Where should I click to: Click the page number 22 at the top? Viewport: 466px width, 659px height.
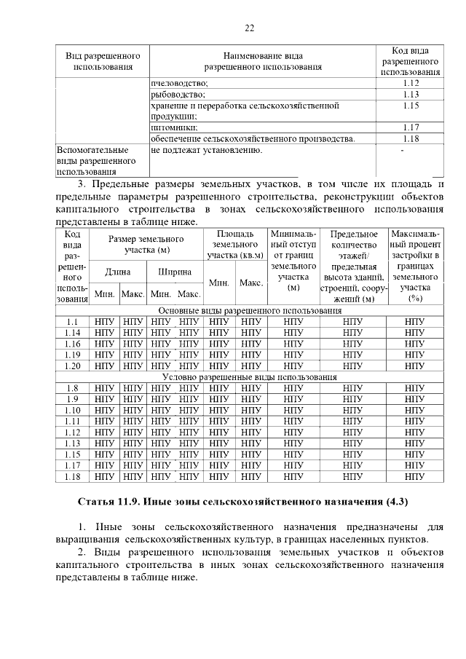pyautogui.click(x=249, y=28)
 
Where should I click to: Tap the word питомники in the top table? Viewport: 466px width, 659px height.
pyautogui.click(x=174, y=127)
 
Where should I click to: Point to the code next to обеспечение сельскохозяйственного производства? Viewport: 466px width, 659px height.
pyautogui.click(x=411, y=138)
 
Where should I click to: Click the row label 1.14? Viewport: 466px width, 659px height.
pyautogui.click(x=72, y=332)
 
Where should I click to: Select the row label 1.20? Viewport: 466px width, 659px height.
pyautogui.click(x=72, y=366)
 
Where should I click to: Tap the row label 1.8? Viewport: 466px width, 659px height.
pyautogui.click(x=72, y=387)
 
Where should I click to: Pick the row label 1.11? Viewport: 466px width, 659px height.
pyautogui.click(x=72, y=421)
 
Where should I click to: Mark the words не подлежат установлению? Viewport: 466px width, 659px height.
pyautogui.click(x=206, y=150)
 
